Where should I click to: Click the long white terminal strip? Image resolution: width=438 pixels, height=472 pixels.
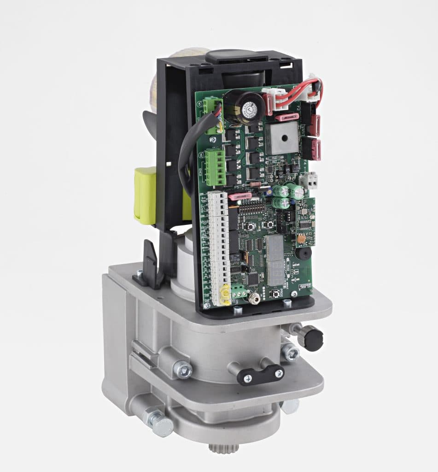point(219,244)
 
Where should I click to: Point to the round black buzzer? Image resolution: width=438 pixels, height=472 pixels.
point(302,253)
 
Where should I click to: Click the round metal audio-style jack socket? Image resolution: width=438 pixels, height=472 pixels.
point(253,299)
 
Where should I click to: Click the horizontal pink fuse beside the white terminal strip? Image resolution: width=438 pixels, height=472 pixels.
point(239,197)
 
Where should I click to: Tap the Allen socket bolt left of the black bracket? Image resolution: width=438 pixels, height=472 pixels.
point(182,369)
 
